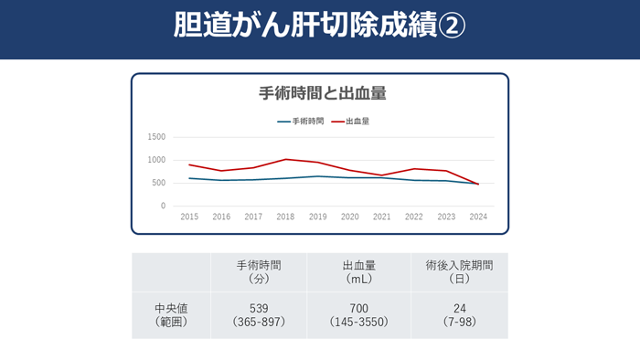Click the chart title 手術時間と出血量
[x=320, y=93]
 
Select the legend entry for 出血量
[x=357, y=121]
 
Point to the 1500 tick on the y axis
[x=156, y=137]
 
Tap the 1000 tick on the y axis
[x=156, y=160]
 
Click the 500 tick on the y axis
[x=159, y=183]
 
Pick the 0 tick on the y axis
[x=163, y=206]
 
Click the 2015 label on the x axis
[x=189, y=217]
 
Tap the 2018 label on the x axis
[x=285, y=217]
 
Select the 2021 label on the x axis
[x=382, y=217]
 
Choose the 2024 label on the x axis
[x=478, y=217]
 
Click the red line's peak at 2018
[x=285, y=159]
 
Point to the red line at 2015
[x=189, y=164]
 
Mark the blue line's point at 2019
[x=317, y=176]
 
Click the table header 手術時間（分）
[x=259, y=271]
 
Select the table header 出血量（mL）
[x=359, y=271]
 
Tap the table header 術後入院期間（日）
[x=460, y=271]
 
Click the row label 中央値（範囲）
[x=171, y=315]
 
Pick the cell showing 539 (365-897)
[x=259, y=315]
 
